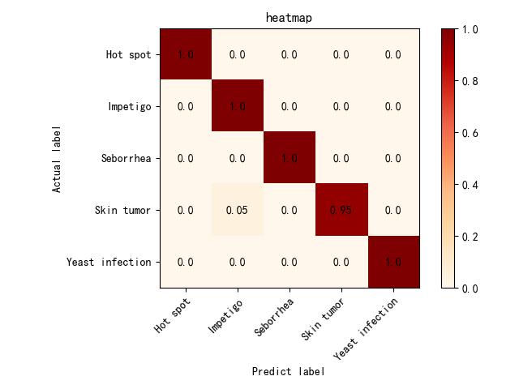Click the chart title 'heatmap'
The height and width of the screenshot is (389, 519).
[x=290, y=18]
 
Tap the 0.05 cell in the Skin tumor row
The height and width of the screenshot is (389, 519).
[x=238, y=210]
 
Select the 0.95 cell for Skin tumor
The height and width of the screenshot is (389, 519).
[x=341, y=210]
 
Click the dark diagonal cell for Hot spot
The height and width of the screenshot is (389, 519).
[x=186, y=54]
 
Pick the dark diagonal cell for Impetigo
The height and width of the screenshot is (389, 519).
[x=238, y=106]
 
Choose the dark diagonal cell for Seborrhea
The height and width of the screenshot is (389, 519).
[x=290, y=158]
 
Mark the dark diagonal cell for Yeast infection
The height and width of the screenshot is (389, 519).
[x=393, y=262]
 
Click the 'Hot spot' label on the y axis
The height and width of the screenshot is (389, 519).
[x=128, y=55]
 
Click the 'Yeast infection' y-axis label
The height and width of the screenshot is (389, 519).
[x=109, y=263]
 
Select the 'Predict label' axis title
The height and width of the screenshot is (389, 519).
[x=289, y=371]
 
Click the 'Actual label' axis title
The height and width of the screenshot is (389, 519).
[x=57, y=158]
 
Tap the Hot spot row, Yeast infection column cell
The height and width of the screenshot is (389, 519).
[x=393, y=54]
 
